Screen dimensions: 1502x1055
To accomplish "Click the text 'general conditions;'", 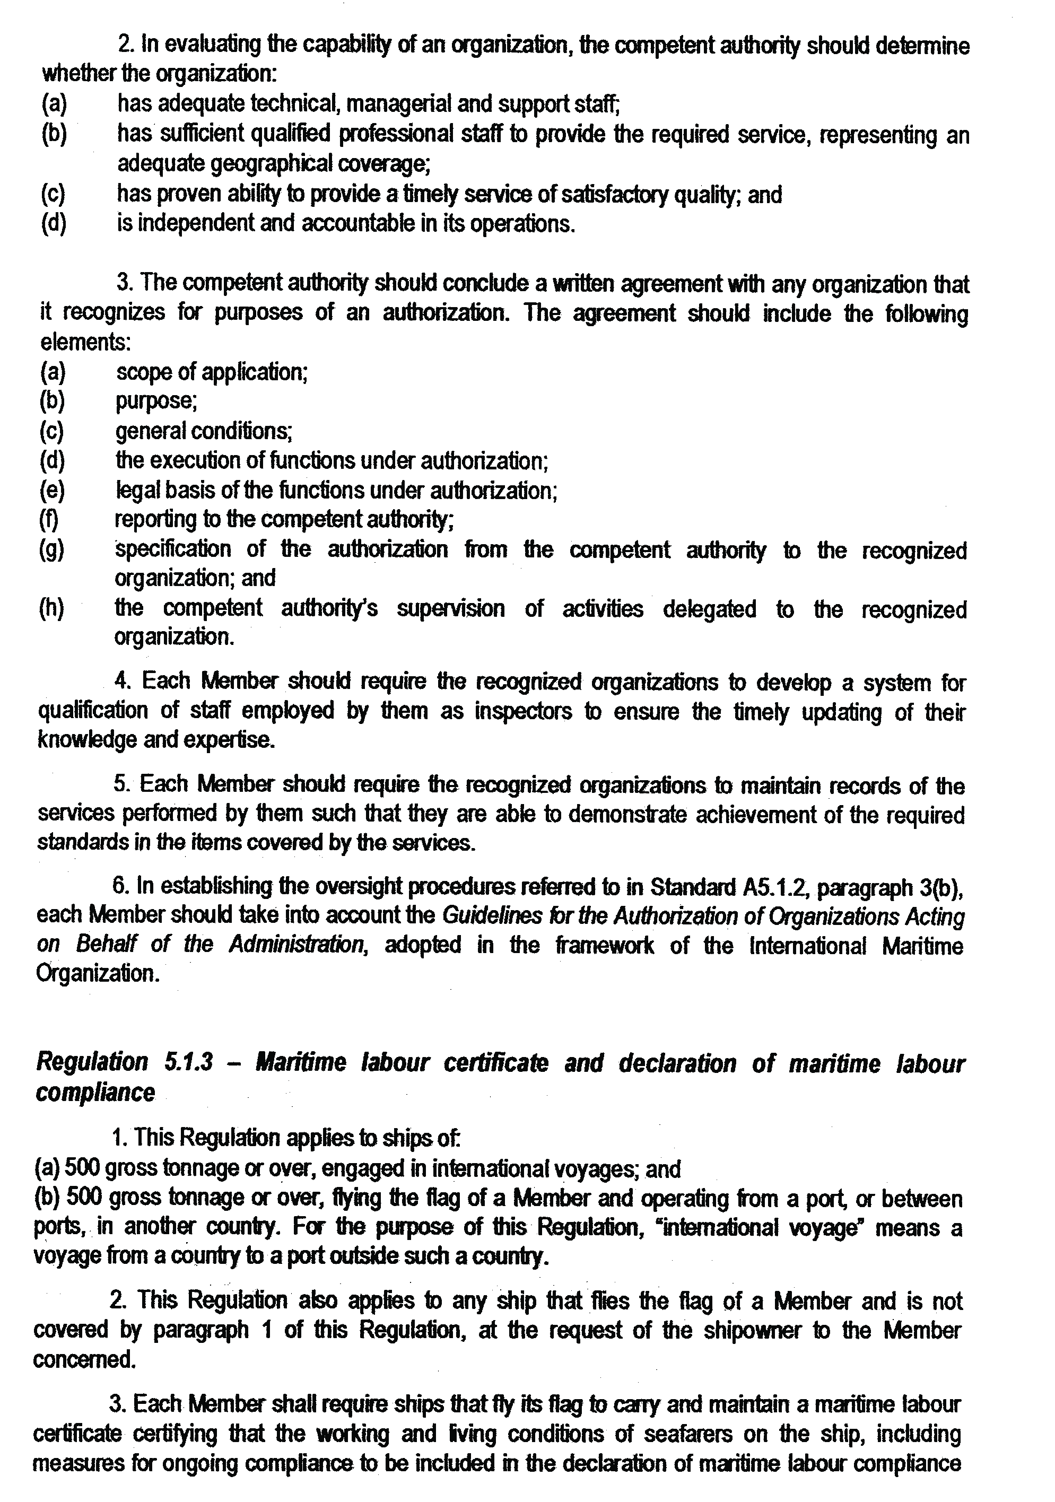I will [x=204, y=431].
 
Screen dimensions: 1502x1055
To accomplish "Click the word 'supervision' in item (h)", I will [x=451, y=608].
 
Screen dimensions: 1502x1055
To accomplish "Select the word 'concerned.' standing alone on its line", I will [x=85, y=1360].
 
